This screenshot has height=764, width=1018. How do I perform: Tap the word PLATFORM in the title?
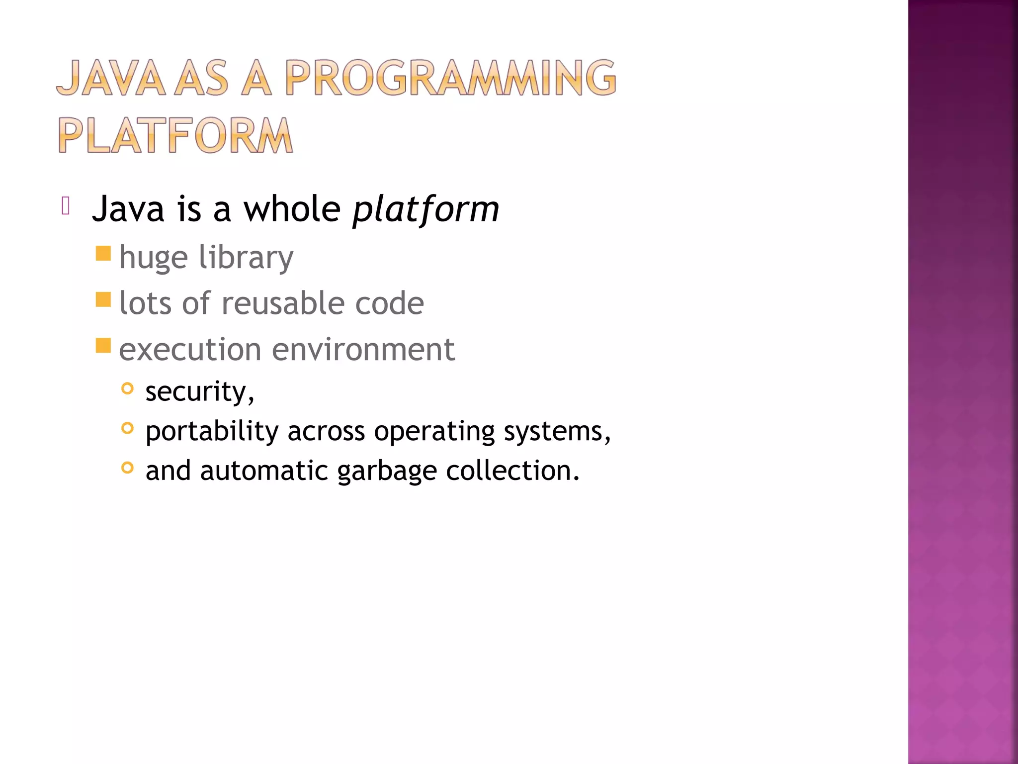[x=175, y=135]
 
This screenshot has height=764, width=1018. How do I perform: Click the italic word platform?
[x=425, y=209]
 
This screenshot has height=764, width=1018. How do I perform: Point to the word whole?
[x=292, y=209]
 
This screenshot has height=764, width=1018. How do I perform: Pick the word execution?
[x=189, y=349]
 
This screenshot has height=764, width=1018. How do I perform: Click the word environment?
[x=363, y=349]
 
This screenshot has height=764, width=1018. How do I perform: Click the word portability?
[x=212, y=431]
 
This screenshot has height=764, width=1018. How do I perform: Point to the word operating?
[x=434, y=431]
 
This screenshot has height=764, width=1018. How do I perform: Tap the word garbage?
[x=387, y=471]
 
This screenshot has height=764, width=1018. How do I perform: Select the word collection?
[x=512, y=471]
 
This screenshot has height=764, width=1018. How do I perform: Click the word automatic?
[x=264, y=471]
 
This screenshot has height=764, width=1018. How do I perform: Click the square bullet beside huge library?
[x=103, y=254]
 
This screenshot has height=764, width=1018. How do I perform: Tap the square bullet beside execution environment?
[x=103, y=345]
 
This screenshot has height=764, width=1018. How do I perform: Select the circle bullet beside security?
[x=128, y=388]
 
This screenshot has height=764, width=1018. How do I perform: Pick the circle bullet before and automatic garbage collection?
[x=128, y=468]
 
